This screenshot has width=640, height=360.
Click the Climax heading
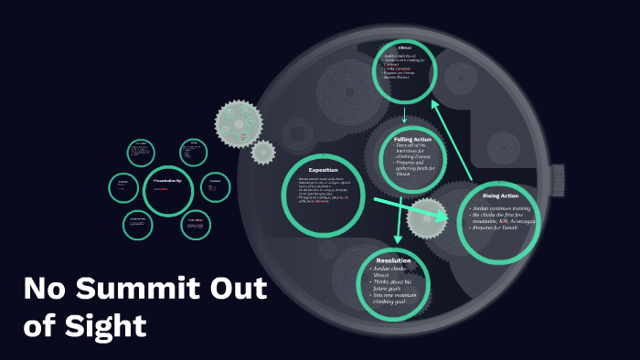click(x=406, y=48)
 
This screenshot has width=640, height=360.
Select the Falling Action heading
click(x=412, y=139)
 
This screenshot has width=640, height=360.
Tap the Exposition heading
click(x=324, y=169)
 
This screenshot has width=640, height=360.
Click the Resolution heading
click(x=393, y=260)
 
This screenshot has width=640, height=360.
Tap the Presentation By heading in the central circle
click(x=166, y=180)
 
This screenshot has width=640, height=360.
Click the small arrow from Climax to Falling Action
click(x=403, y=115)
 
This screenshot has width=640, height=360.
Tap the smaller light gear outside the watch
click(x=263, y=151)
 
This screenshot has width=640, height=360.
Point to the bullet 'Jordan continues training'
click(x=502, y=209)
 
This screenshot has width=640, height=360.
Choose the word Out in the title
click(x=234, y=289)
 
